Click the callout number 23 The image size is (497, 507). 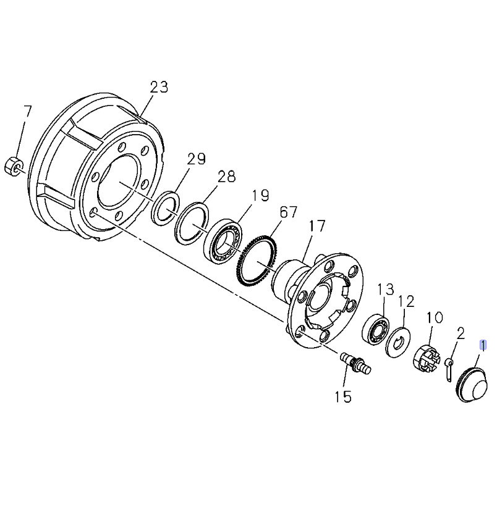tap(159, 86)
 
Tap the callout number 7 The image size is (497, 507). tap(27, 112)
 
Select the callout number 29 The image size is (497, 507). tap(196, 159)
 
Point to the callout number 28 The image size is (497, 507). tap(226, 177)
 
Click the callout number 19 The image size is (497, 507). tap(260, 196)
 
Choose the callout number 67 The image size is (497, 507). tap(288, 212)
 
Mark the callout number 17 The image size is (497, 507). tap(317, 227)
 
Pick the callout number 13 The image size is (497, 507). tap(386, 289)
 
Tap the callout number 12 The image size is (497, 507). tap(406, 301)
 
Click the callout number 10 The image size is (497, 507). tap(435, 317)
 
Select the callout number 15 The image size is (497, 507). tap(343, 396)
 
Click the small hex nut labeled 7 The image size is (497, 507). tap(14, 165)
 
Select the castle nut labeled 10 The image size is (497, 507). tap(425, 358)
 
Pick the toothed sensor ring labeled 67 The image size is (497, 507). tap(255, 259)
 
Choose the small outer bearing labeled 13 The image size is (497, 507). tap(376, 329)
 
